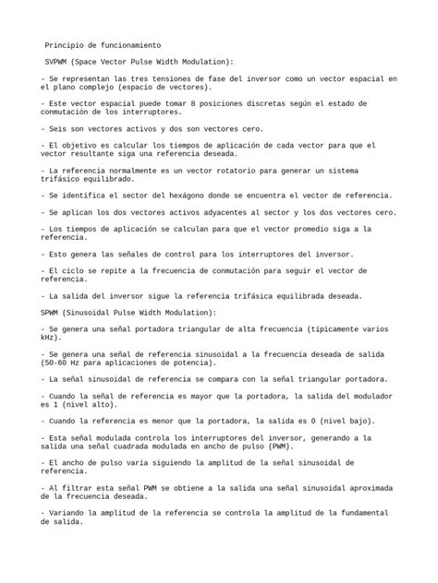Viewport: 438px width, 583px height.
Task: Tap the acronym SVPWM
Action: coord(59,61)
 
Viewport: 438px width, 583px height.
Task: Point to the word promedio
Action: coord(294,228)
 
